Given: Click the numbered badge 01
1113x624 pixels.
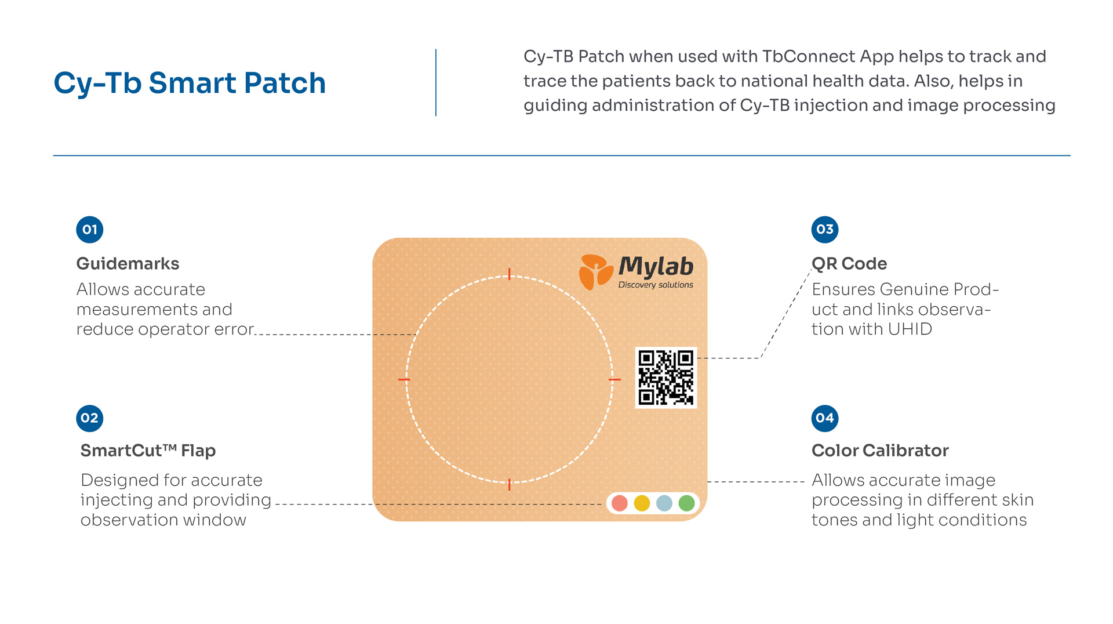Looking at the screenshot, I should [90, 230].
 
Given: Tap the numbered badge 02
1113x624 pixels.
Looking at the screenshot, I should [90, 418].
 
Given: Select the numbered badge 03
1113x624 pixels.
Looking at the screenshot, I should [824, 230].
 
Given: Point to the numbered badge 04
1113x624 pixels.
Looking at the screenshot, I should [824, 418].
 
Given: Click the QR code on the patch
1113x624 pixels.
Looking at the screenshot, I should [665, 378].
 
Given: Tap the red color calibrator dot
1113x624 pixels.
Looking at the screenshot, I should [620, 503].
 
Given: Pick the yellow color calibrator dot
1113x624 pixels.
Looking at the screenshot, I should [642, 503].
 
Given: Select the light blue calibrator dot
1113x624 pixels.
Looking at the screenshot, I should [664, 503].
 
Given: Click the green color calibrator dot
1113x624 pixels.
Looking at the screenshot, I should [686, 503].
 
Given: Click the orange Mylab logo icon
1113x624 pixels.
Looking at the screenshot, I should [595, 271].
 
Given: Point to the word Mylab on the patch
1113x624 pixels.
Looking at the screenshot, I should [656, 267].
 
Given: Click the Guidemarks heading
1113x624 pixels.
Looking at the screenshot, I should [128, 264].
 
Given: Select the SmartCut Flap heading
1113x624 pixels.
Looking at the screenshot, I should [148, 451].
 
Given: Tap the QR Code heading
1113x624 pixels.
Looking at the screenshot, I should [849, 264].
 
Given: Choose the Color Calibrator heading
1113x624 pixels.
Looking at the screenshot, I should [879, 451].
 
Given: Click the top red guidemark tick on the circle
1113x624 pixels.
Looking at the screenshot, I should [510, 274].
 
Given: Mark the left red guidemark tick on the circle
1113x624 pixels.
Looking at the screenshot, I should [404, 379].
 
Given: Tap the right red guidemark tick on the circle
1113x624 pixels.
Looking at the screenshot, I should [614, 379].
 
